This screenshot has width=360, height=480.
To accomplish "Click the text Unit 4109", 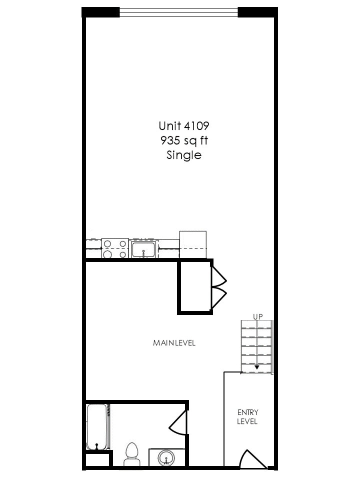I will (x=180, y=125).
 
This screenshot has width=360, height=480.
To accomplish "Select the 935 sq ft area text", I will (x=180, y=140).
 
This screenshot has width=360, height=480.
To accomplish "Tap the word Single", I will (x=183, y=155).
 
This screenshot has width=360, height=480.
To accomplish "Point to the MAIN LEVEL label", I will (x=174, y=343).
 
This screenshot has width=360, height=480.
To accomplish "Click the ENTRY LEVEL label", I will (x=247, y=417).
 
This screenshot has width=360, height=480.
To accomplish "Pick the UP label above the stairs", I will (x=257, y=316).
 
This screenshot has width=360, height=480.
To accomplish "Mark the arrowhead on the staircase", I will (x=257, y=367).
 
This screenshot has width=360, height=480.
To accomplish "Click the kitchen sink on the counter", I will (x=144, y=249).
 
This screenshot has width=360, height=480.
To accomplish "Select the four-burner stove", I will (x=114, y=248).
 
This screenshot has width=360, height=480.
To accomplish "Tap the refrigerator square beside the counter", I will (x=192, y=244).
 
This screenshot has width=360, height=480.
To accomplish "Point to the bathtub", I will (x=96, y=426).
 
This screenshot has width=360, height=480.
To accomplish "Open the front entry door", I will (x=253, y=460).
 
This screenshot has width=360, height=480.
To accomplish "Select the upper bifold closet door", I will (x=218, y=276).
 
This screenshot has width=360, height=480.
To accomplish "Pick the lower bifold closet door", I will (x=218, y=298).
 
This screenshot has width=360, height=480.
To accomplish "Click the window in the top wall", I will (x=178, y=12).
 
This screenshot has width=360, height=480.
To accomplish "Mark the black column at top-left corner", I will (x=100, y=12).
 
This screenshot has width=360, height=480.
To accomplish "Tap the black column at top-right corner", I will (x=257, y=12).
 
